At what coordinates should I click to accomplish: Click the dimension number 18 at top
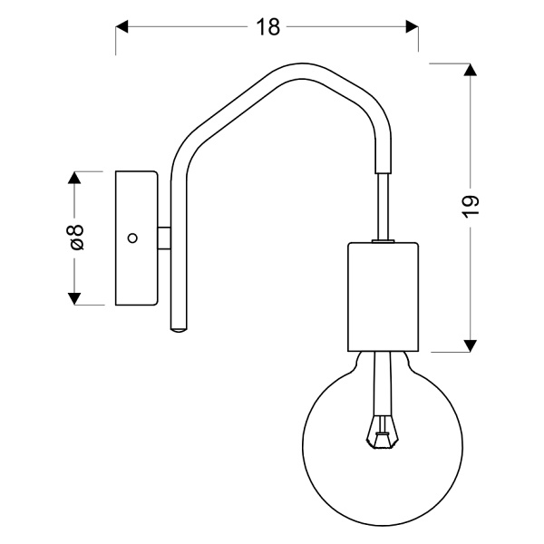tap(267, 27)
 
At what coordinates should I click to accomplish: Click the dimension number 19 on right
tap(470, 206)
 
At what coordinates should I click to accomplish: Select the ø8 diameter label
tap(76, 238)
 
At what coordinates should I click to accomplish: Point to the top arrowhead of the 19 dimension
tap(470, 72)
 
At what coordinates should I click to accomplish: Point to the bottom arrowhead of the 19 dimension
tap(470, 344)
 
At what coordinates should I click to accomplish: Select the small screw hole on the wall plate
tap(132, 238)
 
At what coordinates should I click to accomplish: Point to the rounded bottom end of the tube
tap(177, 327)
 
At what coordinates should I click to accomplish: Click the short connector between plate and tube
tap(163, 238)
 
